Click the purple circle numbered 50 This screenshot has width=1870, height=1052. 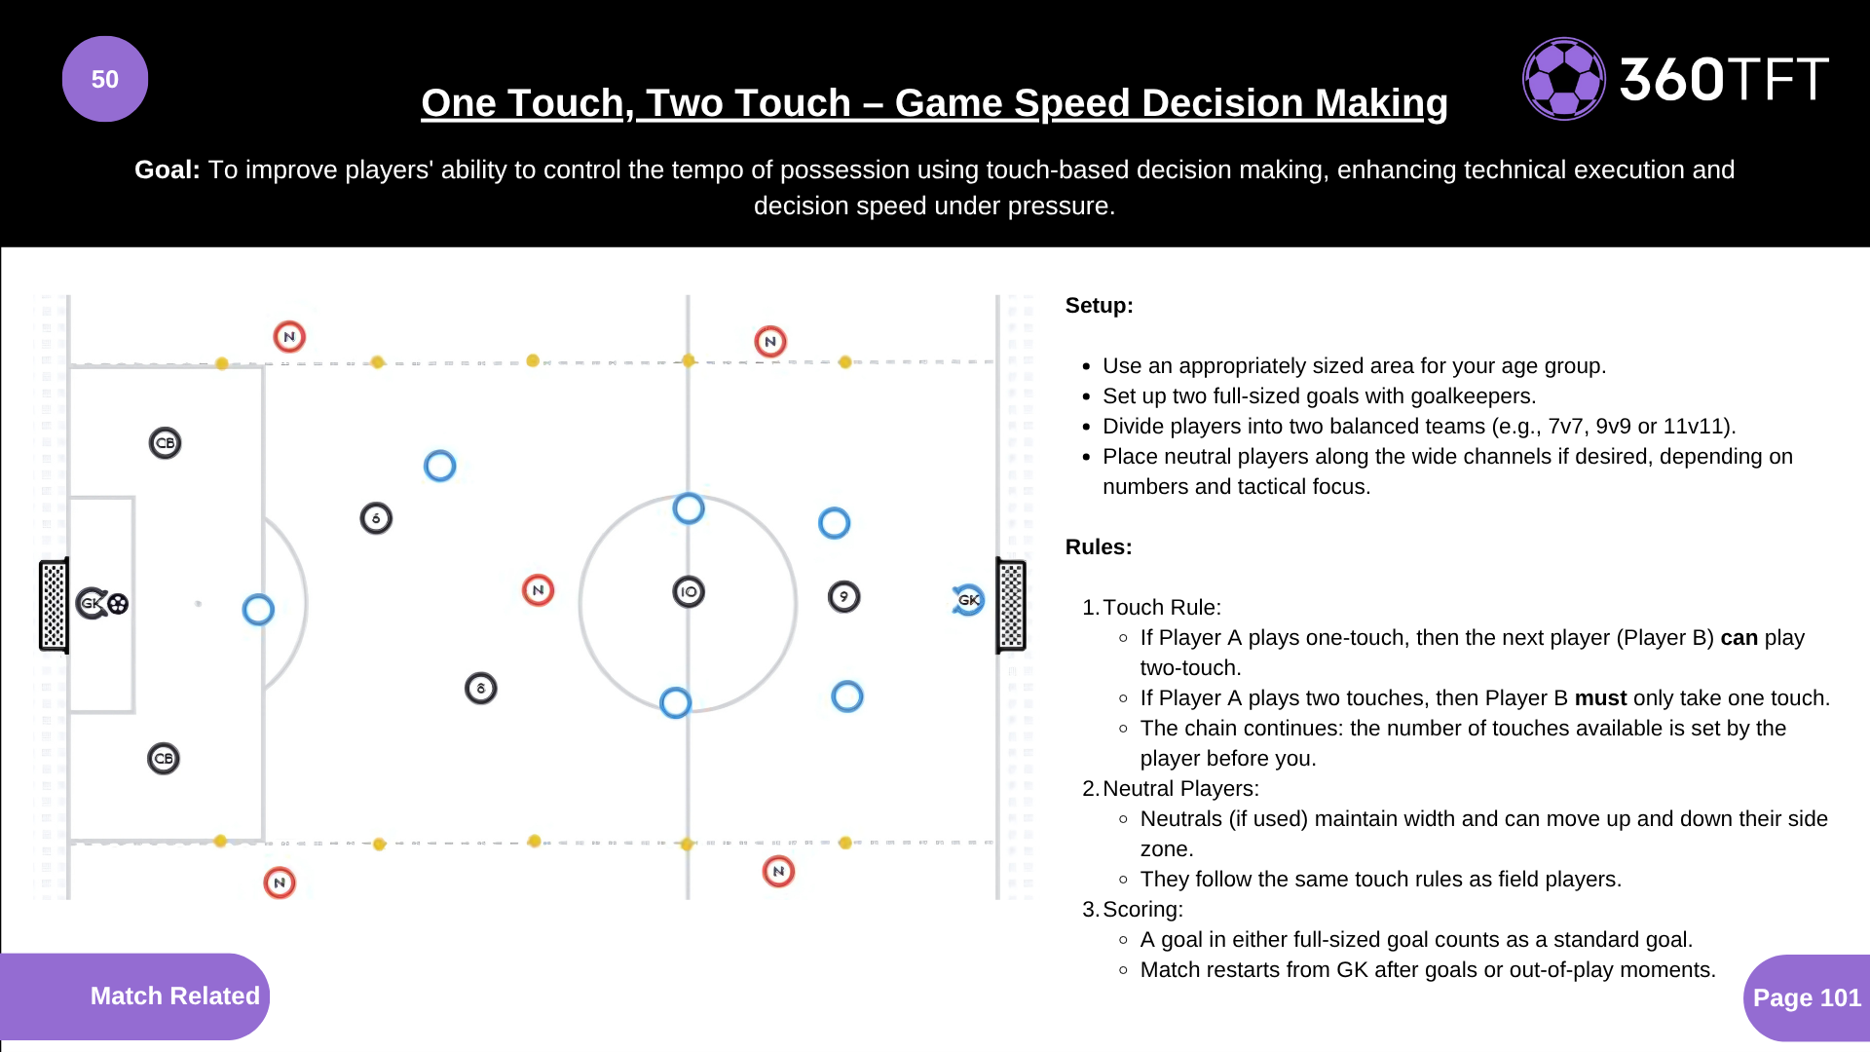(x=105, y=79)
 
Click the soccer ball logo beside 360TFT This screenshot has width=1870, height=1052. (x=1563, y=79)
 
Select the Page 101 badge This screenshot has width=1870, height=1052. (x=1807, y=997)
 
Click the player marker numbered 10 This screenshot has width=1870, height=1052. (x=689, y=591)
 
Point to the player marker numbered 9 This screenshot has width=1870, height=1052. (x=843, y=596)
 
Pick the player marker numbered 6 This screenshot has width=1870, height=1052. (x=376, y=518)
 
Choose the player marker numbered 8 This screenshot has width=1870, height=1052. (x=480, y=689)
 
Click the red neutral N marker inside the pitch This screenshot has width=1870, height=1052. (x=538, y=590)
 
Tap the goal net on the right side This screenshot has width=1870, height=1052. (x=1011, y=605)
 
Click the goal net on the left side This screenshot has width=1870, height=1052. (x=54, y=605)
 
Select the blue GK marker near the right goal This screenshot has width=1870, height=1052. (x=968, y=600)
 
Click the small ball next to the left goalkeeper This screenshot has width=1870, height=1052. (x=118, y=604)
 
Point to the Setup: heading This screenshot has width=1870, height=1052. (x=1099, y=306)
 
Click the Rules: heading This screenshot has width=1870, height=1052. (x=1099, y=547)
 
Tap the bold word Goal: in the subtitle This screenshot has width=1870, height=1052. (x=167, y=169)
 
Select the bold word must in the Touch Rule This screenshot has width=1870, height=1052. (x=1600, y=698)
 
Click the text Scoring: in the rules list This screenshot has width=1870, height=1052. (x=1142, y=910)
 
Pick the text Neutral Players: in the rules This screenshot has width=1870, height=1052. (x=1180, y=789)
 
